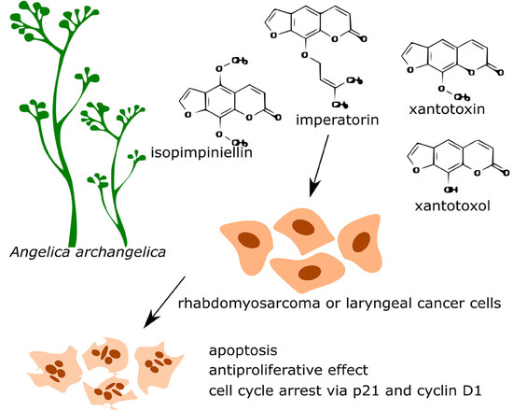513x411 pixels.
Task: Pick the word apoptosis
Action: point(243,353)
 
